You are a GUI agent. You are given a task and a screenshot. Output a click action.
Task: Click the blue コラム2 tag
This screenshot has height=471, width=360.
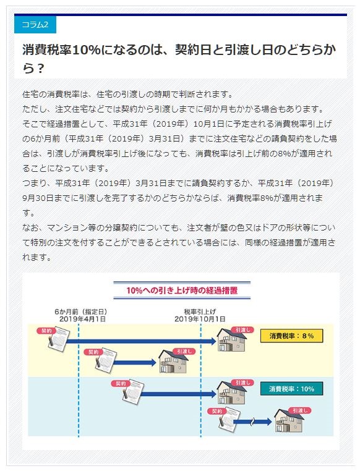(35, 24)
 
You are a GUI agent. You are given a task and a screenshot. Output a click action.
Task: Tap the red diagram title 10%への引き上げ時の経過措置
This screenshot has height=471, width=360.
(182, 291)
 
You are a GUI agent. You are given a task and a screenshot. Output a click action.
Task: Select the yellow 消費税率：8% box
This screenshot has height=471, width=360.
(291, 336)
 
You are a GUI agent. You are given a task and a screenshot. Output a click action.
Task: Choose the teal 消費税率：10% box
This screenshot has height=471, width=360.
(291, 389)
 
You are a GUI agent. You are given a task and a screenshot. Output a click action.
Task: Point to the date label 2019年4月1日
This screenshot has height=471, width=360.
(82, 319)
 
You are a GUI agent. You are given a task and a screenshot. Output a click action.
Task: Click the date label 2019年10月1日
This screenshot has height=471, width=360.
(200, 319)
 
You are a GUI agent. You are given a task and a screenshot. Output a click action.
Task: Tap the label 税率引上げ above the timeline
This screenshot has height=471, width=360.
(200, 312)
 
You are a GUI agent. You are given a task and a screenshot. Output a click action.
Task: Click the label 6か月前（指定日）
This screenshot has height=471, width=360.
(81, 312)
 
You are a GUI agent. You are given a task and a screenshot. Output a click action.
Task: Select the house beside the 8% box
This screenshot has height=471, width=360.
(232, 340)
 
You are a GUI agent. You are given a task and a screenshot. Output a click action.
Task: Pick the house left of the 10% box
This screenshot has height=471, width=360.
(232, 393)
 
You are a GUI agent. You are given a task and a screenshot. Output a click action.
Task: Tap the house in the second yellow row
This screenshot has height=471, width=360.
(173, 362)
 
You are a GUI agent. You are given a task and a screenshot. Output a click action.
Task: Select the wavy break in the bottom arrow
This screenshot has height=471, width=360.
(253, 422)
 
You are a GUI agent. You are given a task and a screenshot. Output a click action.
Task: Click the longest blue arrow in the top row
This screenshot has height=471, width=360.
(141, 341)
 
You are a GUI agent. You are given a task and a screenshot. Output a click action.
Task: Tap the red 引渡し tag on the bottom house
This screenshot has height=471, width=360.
(299, 410)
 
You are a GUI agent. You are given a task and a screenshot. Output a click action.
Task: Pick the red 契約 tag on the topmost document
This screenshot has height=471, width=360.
(46, 331)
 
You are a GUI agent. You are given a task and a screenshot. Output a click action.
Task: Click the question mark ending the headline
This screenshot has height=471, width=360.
(40, 69)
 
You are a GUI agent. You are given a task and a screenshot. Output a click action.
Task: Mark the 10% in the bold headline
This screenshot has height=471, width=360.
(86, 50)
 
